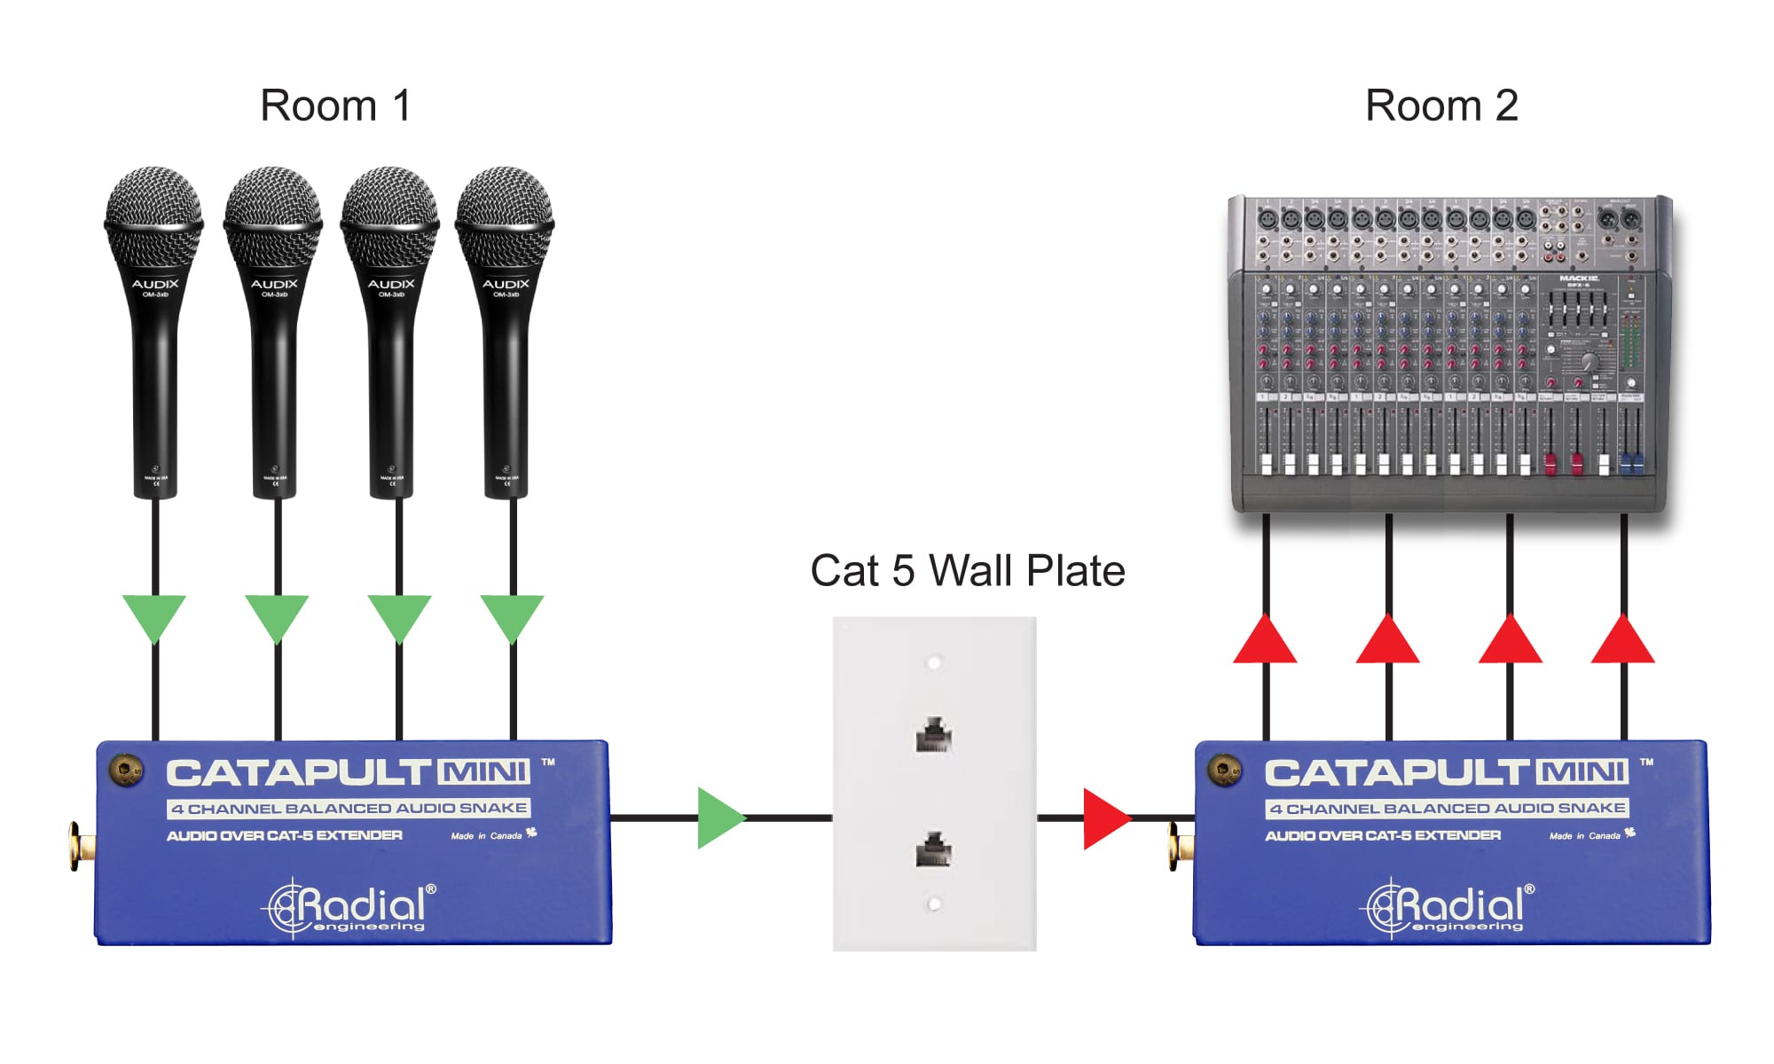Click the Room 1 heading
[x=335, y=106]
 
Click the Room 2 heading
[x=1441, y=106]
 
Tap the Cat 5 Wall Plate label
[x=968, y=570]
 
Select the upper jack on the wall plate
[x=933, y=735]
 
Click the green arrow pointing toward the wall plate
[x=719, y=818]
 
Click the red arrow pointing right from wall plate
[x=1105, y=818]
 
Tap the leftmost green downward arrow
[x=154, y=616]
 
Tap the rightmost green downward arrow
[x=512, y=616]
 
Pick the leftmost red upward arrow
[x=1265, y=641]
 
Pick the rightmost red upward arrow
[x=1622, y=641]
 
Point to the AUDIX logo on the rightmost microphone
[x=506, y=284]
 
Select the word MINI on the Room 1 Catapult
[x=484, y=771]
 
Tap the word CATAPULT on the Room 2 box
[x=1397, y=772]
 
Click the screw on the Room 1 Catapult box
[x=126, y=770]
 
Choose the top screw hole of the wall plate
[x=933, y=662]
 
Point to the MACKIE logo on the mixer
[x=1579, y=278]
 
